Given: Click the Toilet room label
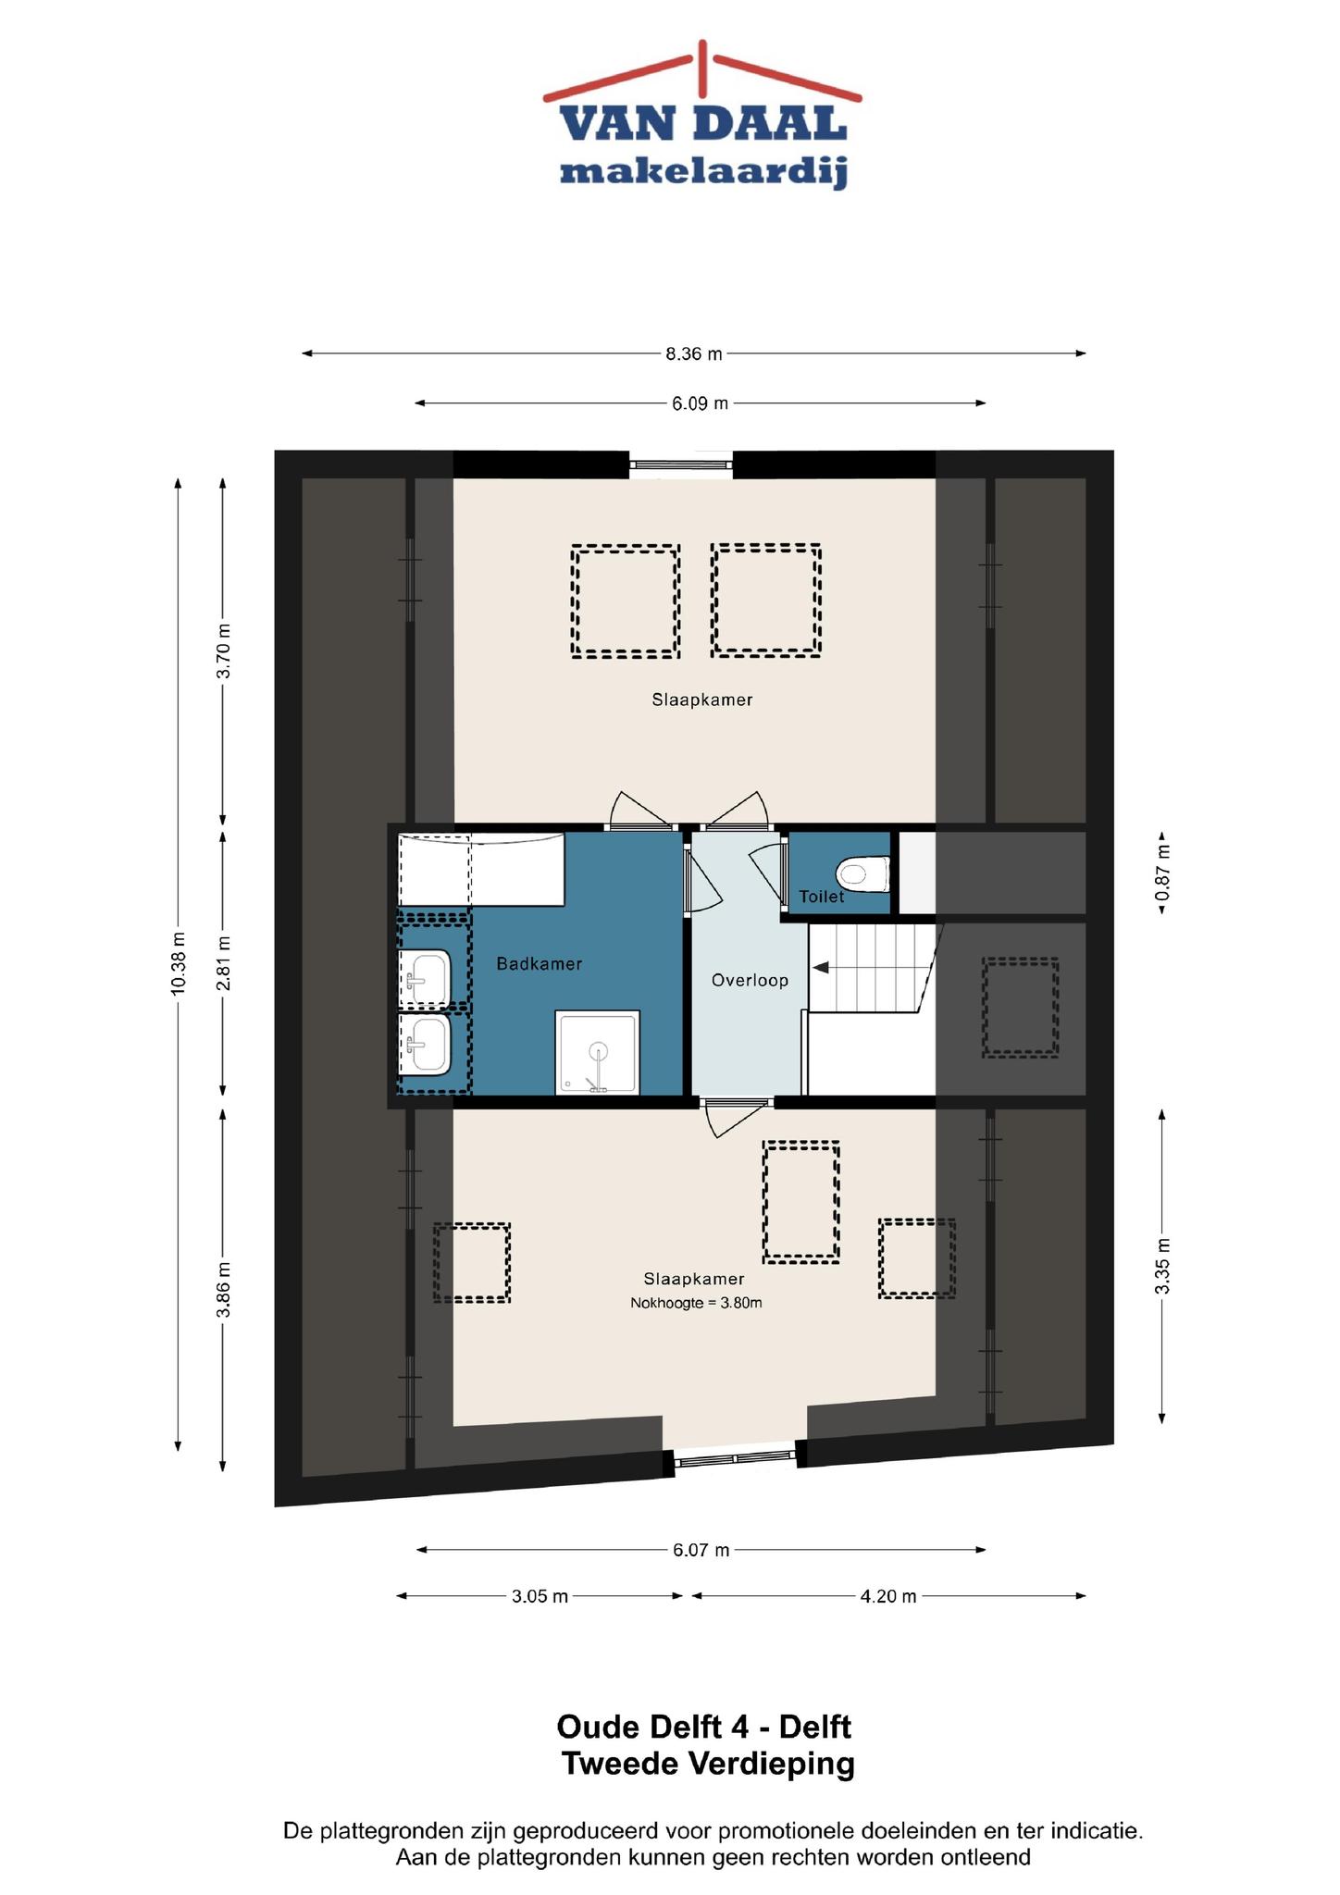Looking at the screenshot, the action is (822, 897).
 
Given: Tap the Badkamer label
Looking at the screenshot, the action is (540, 964).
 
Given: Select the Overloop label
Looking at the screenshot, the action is (750, 980).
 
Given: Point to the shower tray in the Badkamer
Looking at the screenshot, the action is (598, 1053).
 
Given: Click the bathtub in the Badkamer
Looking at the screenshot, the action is (481, 870).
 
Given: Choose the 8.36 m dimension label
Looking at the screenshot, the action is (694, 353).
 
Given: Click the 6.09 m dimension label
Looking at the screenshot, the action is (700, 403).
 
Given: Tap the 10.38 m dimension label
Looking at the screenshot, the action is (178, 964).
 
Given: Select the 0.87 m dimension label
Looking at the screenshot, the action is (1162, 873).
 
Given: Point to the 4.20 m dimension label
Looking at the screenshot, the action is (888, 1596).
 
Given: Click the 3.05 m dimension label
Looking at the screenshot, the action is (540, 1596).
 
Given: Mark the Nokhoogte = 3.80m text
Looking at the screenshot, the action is (696, 1303).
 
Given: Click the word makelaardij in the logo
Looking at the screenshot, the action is (703, 171).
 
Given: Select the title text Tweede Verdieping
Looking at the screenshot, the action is (708, 1765).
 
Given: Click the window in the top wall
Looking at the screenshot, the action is (681, 464).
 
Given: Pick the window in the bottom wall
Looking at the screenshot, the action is (735, 1459).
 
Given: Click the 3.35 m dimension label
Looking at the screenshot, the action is (1163, 1267).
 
